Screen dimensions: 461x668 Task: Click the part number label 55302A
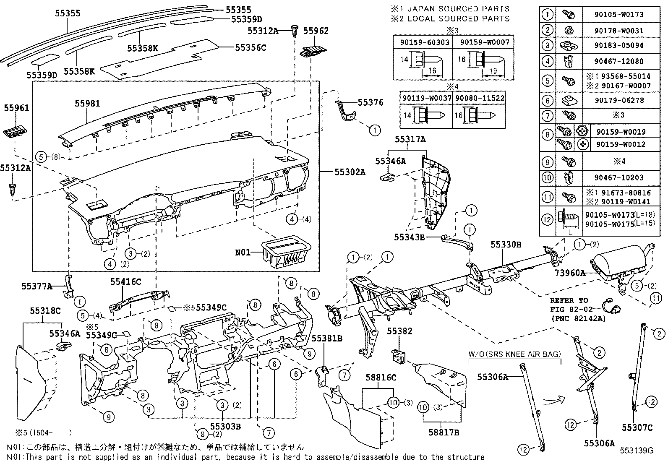pyautogui.click(x=350, y=172)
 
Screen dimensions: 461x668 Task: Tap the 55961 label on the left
pyautogui.click(x=17, y=108)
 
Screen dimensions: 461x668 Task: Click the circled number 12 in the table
pyautogui.click(x=547, y=220)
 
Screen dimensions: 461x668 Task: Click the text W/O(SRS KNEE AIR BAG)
pyautogui.click(x=514, y=354)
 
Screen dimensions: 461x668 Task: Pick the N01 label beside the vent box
pyautogui.click(x=243, y=252)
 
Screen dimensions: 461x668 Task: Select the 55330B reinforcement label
pyautogui.click(x=506, y=244)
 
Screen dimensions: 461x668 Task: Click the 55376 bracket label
pyautogui.click(x=371, y=102)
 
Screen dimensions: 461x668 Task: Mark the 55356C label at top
pyautogui.click(x=250, y=47)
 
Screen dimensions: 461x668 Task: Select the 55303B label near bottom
pyautogui.click(x=225, y=426)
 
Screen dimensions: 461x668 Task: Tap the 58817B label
pyautogui.click(x=444, y=432)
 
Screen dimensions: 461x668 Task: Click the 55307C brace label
pyautogui.click(x=637, y=427)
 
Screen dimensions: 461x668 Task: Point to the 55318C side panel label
pyautogui.click(x=45, y=311)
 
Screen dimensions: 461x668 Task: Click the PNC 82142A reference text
pyautogui.click(x=577, y=318)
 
